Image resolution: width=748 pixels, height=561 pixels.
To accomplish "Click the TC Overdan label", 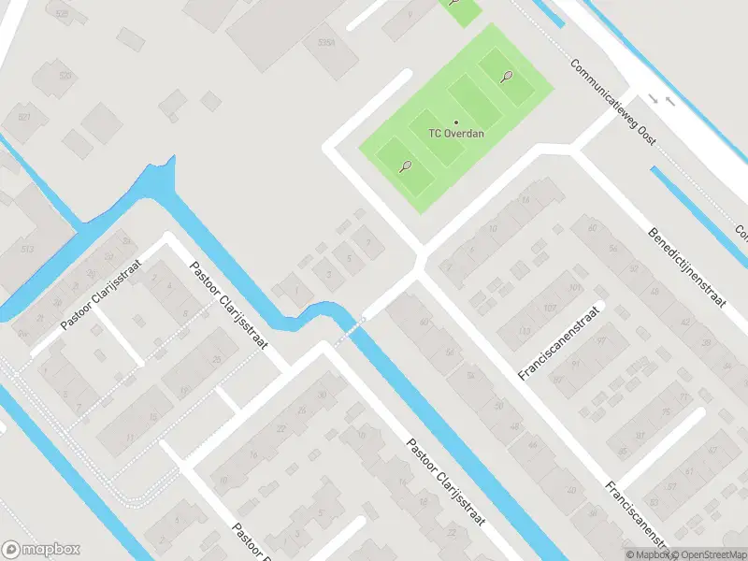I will click(456, 133).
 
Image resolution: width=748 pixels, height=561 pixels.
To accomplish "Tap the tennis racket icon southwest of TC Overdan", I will click(405, 166).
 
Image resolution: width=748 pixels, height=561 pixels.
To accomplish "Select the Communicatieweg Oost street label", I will click(612, 103).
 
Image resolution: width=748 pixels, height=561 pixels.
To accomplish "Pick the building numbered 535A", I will click(326, 43).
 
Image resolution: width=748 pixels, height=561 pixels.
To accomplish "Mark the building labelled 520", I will click(65, 76).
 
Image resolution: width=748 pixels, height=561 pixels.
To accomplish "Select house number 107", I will click(550, 308).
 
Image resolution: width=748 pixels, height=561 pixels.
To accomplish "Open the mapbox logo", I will click(42, 550).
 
